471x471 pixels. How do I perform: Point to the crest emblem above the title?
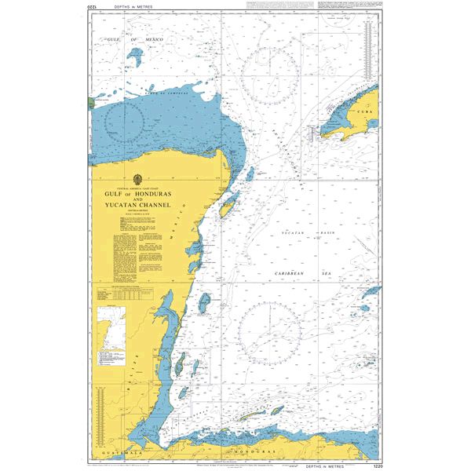[x=139, y=179]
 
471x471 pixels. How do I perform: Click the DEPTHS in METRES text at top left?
[x=126, y=7]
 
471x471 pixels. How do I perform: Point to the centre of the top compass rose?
[x=269, y=76]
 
